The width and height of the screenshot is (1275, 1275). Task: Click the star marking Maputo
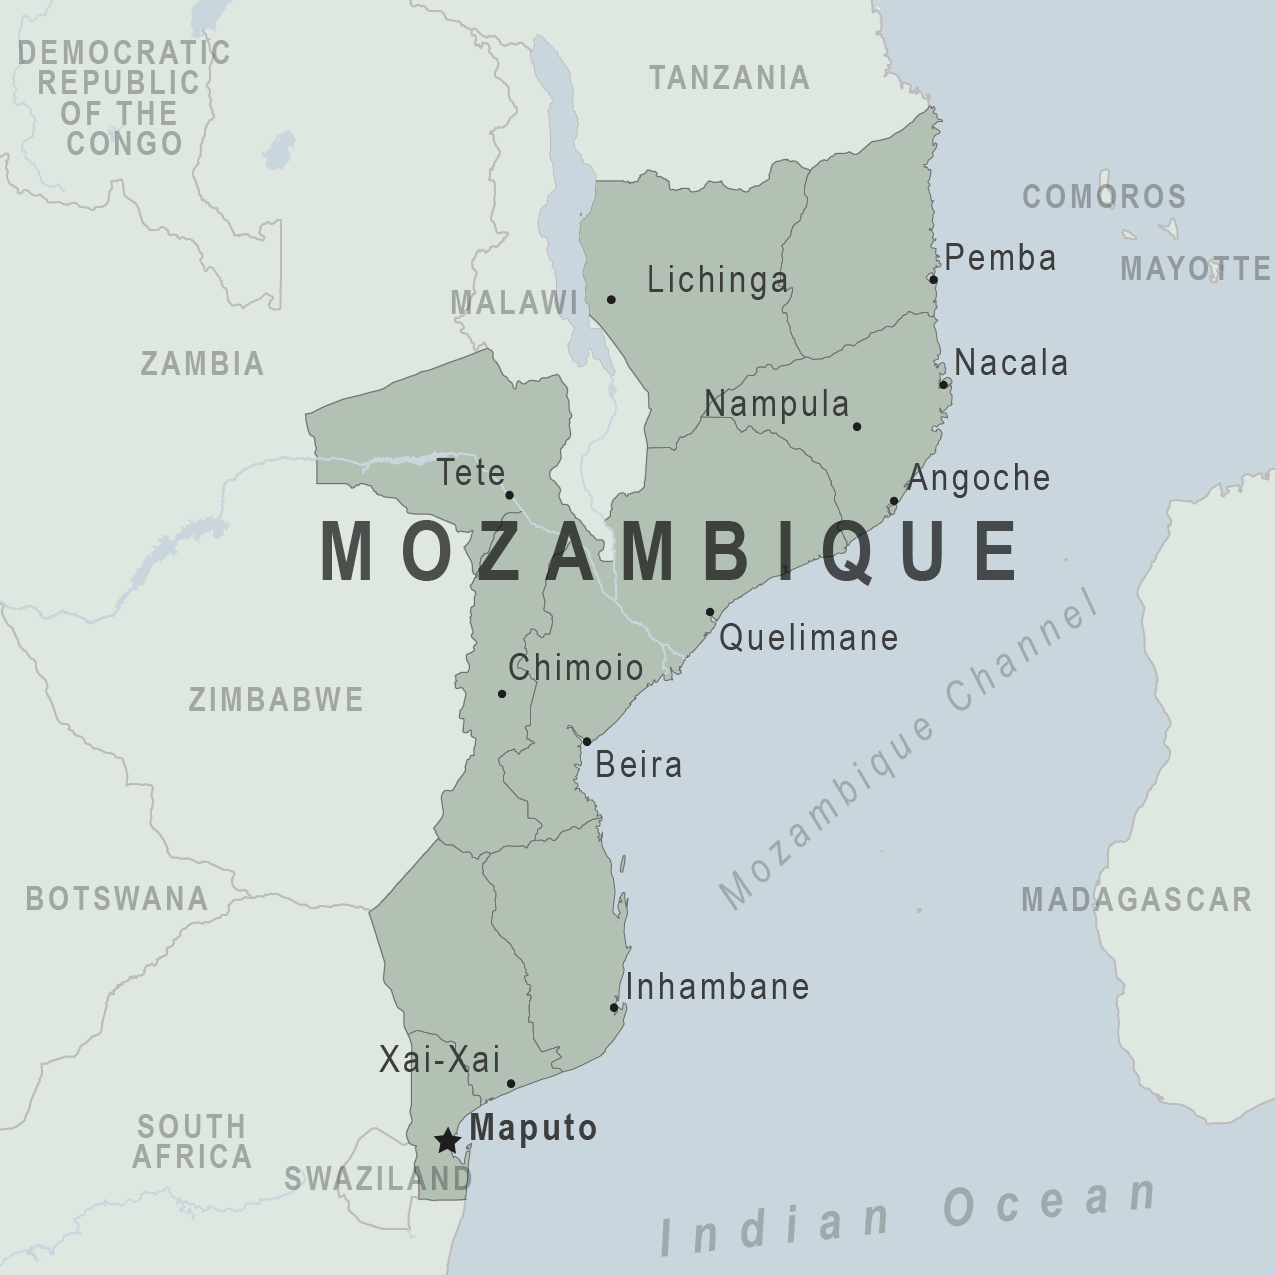click(x=446, y=1141)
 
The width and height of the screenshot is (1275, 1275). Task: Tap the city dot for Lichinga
click(x=611, y=299)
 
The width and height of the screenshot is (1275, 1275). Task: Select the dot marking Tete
click(x=509, y=495)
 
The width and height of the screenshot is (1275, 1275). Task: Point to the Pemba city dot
click(x=933, y=279)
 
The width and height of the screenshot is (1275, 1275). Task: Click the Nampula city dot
click(x=857, y=426)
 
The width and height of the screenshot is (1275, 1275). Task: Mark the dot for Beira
click(x=587, y=742)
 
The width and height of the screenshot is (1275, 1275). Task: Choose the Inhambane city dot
click(x=614, y=1007)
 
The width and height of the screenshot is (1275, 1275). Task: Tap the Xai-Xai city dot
click(x=511, y=1084)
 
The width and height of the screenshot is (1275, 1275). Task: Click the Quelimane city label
click(x=808, y=637)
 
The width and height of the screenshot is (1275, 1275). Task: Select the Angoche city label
click(x=979, y=478)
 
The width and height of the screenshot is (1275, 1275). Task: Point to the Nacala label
click(x=1011, y=363)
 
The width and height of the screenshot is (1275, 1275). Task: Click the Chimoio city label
click(x=576, y=668)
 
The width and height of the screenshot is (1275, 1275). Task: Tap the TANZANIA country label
click(x=729, y=78)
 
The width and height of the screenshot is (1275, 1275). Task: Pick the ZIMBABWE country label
click(x=276, y=699)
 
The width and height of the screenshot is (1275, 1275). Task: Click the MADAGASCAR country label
click(x=1136, y=899)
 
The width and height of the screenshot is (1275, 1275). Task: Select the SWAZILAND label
click(x=378, y=1178)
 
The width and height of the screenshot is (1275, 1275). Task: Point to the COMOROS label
click(x=1104, y=196)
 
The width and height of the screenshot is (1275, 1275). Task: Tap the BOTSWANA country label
click(x=117, y=898)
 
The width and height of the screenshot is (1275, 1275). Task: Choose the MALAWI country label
click(x=514, y=302)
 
